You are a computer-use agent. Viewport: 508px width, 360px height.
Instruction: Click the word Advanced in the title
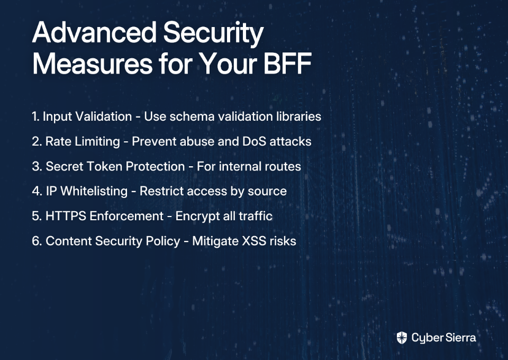click(95, 32)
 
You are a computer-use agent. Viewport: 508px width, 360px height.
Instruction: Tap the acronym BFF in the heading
click(288, 64)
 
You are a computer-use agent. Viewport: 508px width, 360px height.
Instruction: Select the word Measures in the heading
click(92, 64)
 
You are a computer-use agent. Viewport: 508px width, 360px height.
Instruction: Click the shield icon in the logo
click(402, 338)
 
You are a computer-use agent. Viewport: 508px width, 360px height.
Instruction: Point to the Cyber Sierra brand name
click(443, 338)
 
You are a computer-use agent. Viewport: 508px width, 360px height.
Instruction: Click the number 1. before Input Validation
click(35, 116)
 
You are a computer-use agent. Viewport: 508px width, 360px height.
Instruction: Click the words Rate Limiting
click(83, 141)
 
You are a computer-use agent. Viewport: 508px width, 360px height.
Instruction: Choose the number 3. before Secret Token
click(37, 166)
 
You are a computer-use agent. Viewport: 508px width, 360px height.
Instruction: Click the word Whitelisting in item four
click(94, 191)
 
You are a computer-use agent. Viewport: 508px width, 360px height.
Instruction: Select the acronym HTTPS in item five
click(66, 216)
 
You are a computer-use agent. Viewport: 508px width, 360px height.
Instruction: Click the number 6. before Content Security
click(37, 241)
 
